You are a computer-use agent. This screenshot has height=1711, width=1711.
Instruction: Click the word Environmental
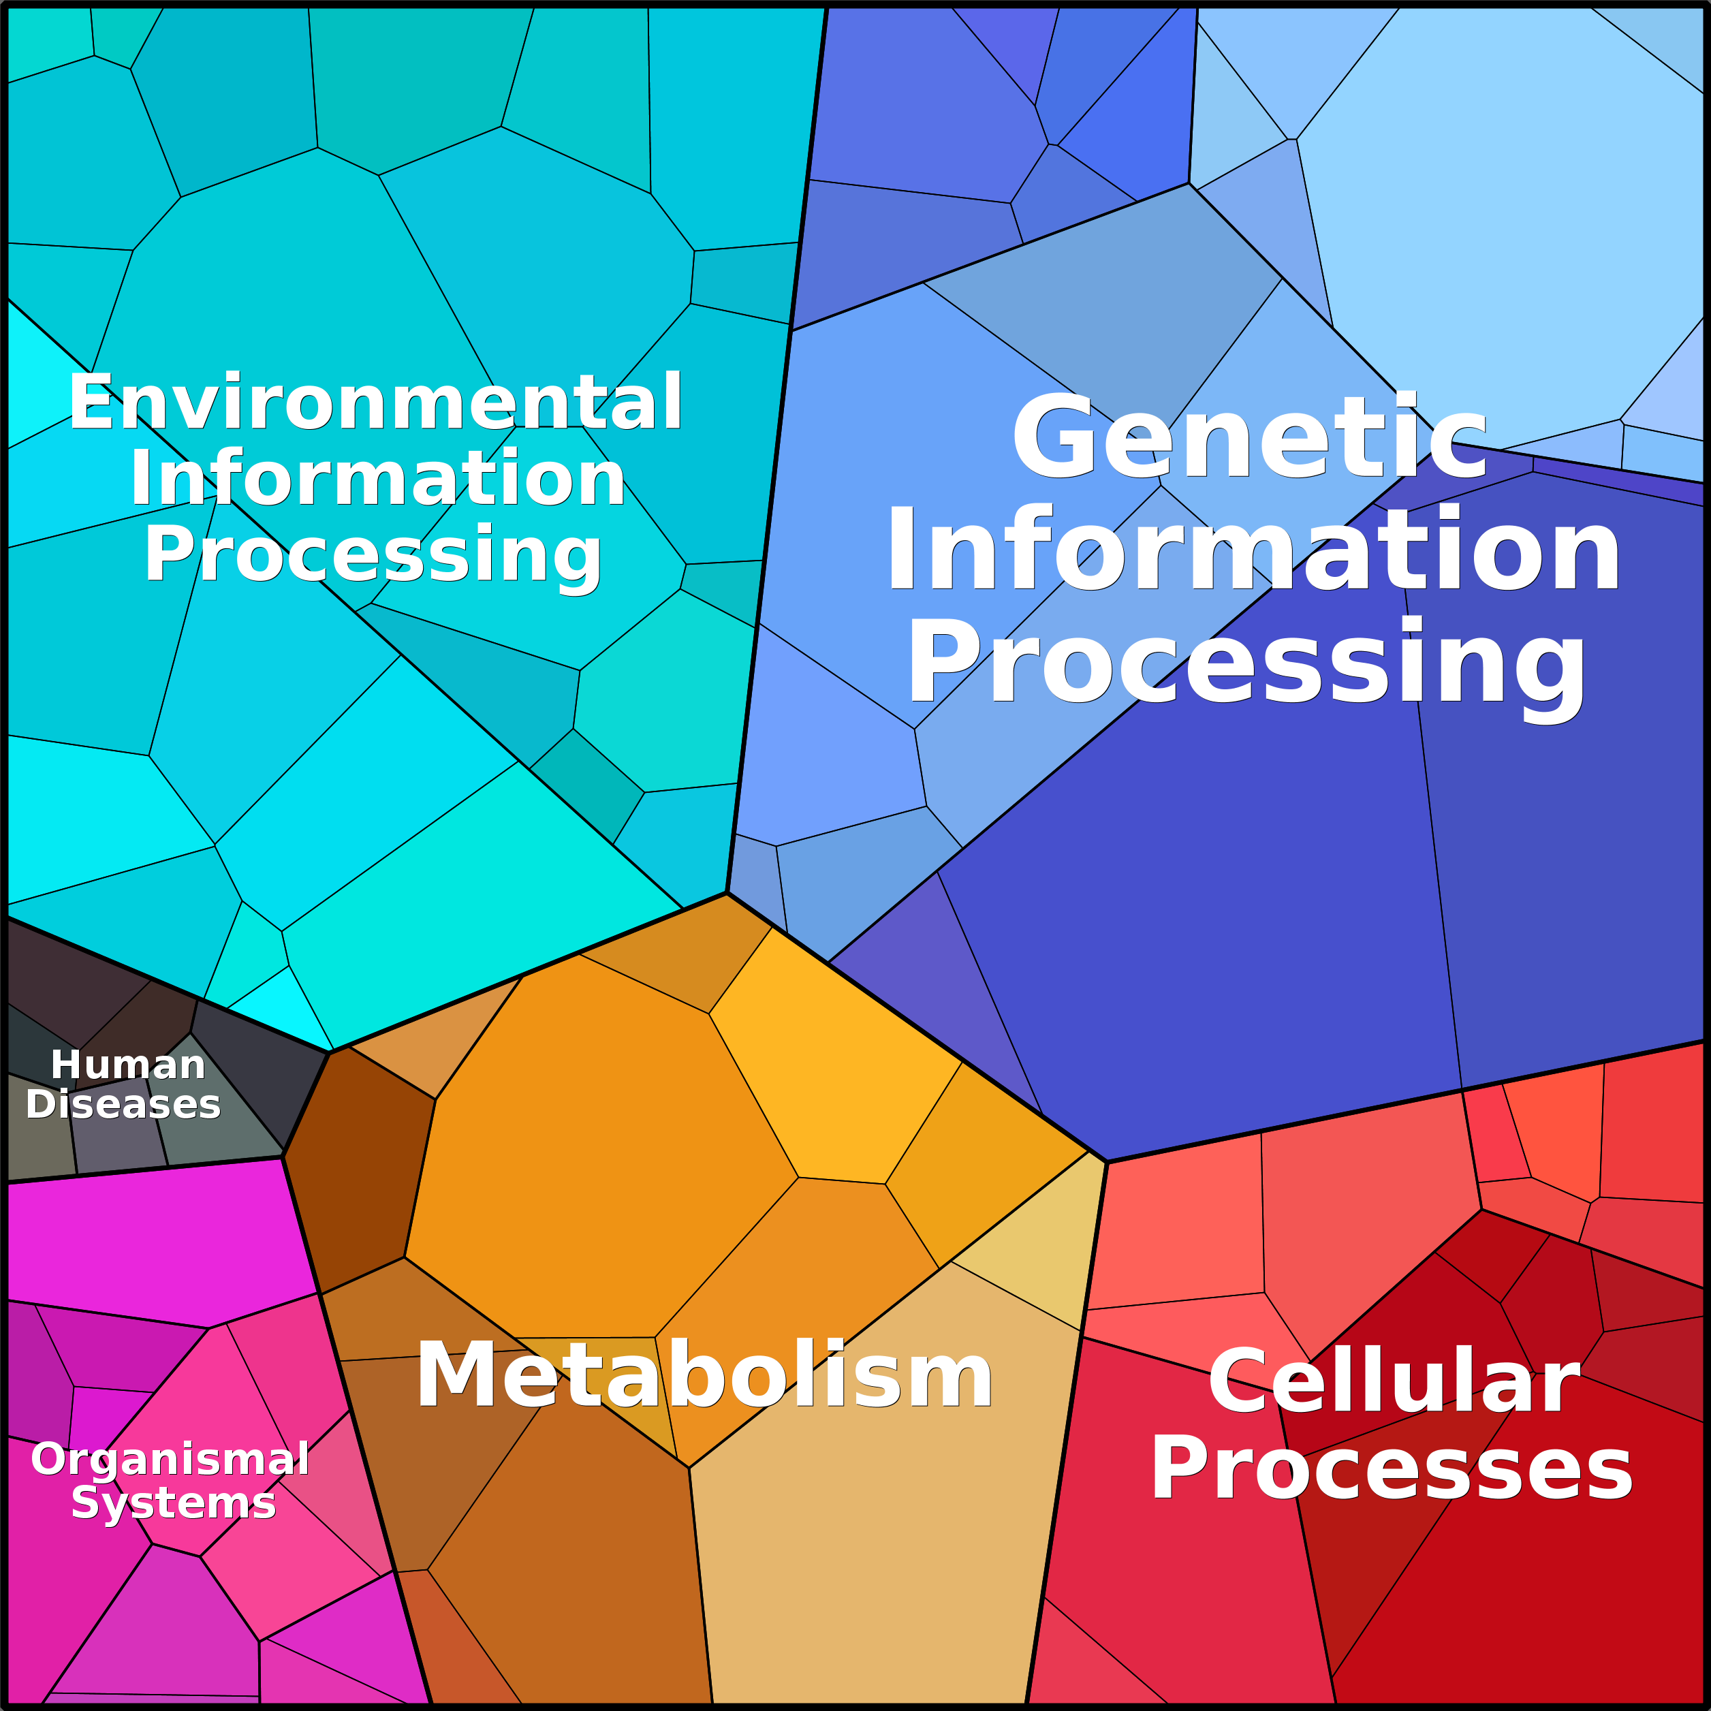(375, 403)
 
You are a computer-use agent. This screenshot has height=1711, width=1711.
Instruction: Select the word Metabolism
(704, 1375)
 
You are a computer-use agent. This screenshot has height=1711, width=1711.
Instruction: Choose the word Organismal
(170, 1458)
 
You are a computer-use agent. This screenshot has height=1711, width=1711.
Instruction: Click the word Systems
(174, 1503)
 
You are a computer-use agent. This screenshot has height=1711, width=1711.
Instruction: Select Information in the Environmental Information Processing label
(378, 478)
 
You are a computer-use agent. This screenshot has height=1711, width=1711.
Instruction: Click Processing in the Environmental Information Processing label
(373, 555)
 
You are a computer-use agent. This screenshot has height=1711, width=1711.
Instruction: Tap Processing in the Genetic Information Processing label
(1246, 666)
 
